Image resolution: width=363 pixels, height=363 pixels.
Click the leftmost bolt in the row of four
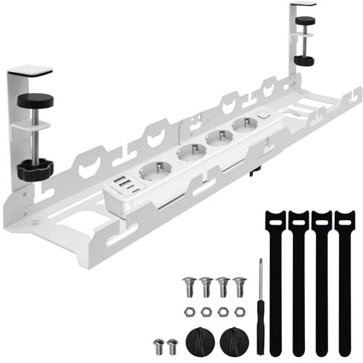point(187,284)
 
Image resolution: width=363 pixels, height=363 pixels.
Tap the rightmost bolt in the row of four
point(238,284)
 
